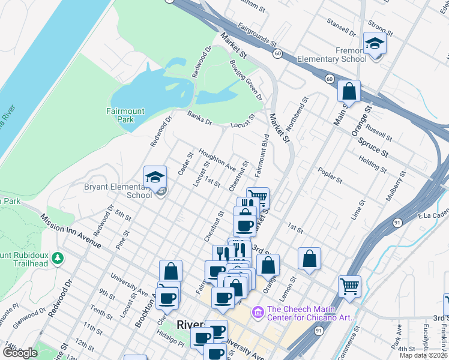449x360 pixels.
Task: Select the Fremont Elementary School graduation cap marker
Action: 375,44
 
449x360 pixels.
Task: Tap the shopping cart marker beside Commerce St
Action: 349,286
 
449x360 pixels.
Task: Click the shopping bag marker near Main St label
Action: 349,92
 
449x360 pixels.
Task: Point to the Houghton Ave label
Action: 217,160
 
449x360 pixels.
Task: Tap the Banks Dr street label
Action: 199,118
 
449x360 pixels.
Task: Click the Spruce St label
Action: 374,146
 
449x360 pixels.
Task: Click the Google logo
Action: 20,353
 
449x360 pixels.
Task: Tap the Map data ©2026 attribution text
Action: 424,355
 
